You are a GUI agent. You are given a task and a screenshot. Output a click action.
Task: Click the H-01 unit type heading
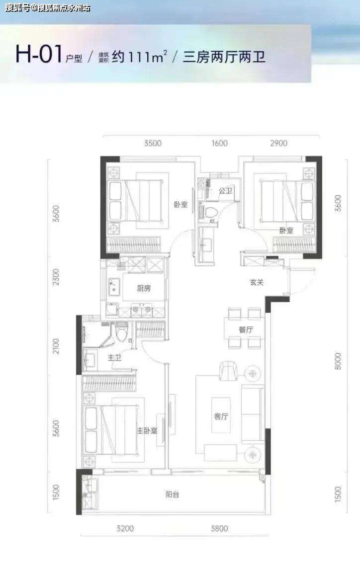point(38,55)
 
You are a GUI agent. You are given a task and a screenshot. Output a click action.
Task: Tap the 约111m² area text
point(139,56)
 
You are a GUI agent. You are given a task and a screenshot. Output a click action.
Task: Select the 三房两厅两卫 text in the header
point(224,57)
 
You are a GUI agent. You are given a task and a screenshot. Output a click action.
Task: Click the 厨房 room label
point(144,289)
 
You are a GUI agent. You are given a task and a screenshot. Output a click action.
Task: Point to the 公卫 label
point(225,190)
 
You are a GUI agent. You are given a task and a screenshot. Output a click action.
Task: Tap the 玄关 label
point(257,282)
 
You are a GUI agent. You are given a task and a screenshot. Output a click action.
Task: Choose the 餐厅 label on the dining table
point(246,330)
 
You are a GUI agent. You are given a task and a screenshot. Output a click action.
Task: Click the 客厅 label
point(221,416)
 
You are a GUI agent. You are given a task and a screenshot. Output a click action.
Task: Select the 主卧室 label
point(147,431)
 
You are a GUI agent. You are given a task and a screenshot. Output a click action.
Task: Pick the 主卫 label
point(114,358)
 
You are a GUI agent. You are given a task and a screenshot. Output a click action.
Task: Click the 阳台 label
point(172,494)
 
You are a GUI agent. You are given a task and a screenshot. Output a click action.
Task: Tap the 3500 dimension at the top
point(153,143)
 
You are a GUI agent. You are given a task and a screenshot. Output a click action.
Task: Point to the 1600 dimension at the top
point(219,143)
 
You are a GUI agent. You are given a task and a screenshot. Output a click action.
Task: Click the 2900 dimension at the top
point(278,143)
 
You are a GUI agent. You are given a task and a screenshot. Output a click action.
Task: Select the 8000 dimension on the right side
point(338,361)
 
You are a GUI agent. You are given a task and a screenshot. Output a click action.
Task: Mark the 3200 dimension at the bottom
point(125,528)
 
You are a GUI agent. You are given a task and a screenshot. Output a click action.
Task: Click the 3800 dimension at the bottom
point(219,528)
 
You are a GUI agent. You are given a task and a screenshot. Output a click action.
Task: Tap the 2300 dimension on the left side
point(56,276)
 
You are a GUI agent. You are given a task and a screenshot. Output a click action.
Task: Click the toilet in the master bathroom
point(122,332)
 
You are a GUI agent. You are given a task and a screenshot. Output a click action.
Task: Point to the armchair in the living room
point(228,371)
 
